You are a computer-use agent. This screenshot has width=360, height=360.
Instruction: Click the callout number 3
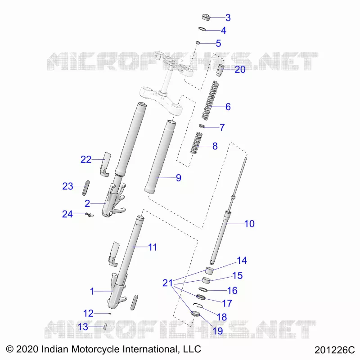click(x=228, y=18)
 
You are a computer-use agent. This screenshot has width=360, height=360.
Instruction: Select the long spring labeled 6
click(x=210, y=100)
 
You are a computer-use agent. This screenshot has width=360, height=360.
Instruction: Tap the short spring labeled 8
click(x=196, y=143)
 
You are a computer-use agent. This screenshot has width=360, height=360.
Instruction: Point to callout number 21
click(x=167, y=283)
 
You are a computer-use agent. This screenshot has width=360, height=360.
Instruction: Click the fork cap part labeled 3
click(x=206, y=17)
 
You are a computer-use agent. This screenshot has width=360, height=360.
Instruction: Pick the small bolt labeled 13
click(x=105, y=326)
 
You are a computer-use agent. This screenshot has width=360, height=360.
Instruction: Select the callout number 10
click(x=249, y=224)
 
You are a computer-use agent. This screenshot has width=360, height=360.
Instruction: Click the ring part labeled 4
click(x=202, y=29)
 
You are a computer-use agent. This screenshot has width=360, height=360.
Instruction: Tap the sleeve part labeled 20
click(x=220, y=71)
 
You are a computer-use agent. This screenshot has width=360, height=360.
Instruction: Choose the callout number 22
click(x=86, y=159)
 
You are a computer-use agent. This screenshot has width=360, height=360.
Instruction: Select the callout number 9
click(x=179, y=178)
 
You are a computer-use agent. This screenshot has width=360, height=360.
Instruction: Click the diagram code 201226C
click(x=334, y=350)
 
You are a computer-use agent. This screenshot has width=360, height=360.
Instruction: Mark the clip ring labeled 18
click(x=198, y=305)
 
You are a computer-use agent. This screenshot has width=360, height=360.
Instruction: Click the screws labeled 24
click(x=89, y=215)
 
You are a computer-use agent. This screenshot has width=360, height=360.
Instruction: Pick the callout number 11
click(x=153, y=247)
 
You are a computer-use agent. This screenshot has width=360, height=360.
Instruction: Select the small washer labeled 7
click(x=202, y=126)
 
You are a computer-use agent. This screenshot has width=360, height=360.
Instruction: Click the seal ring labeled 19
click(x=195, y=313)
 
